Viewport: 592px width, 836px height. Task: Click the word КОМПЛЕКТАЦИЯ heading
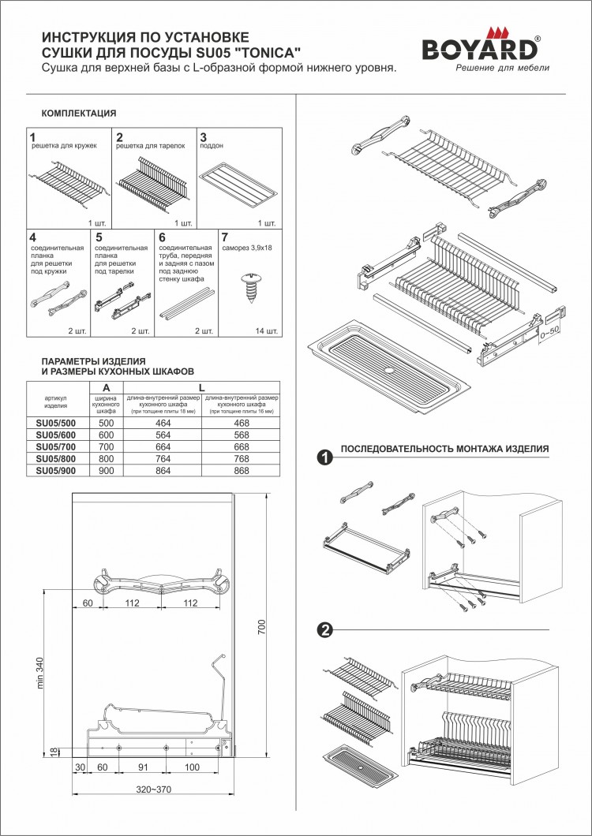point(78,114)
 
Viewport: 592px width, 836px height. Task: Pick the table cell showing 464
point(161,424)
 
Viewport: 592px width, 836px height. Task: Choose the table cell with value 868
point(241,471)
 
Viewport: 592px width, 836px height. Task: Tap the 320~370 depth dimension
point(153,789)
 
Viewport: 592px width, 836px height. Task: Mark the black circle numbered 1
point(323,457)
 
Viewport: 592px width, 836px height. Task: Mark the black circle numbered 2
point(323,629)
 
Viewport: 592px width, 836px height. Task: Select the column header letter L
point(202,386)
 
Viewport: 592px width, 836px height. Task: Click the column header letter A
point(107,386)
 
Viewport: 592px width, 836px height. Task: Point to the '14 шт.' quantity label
point(266,331)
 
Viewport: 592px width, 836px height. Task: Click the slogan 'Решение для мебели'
point(502,68)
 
